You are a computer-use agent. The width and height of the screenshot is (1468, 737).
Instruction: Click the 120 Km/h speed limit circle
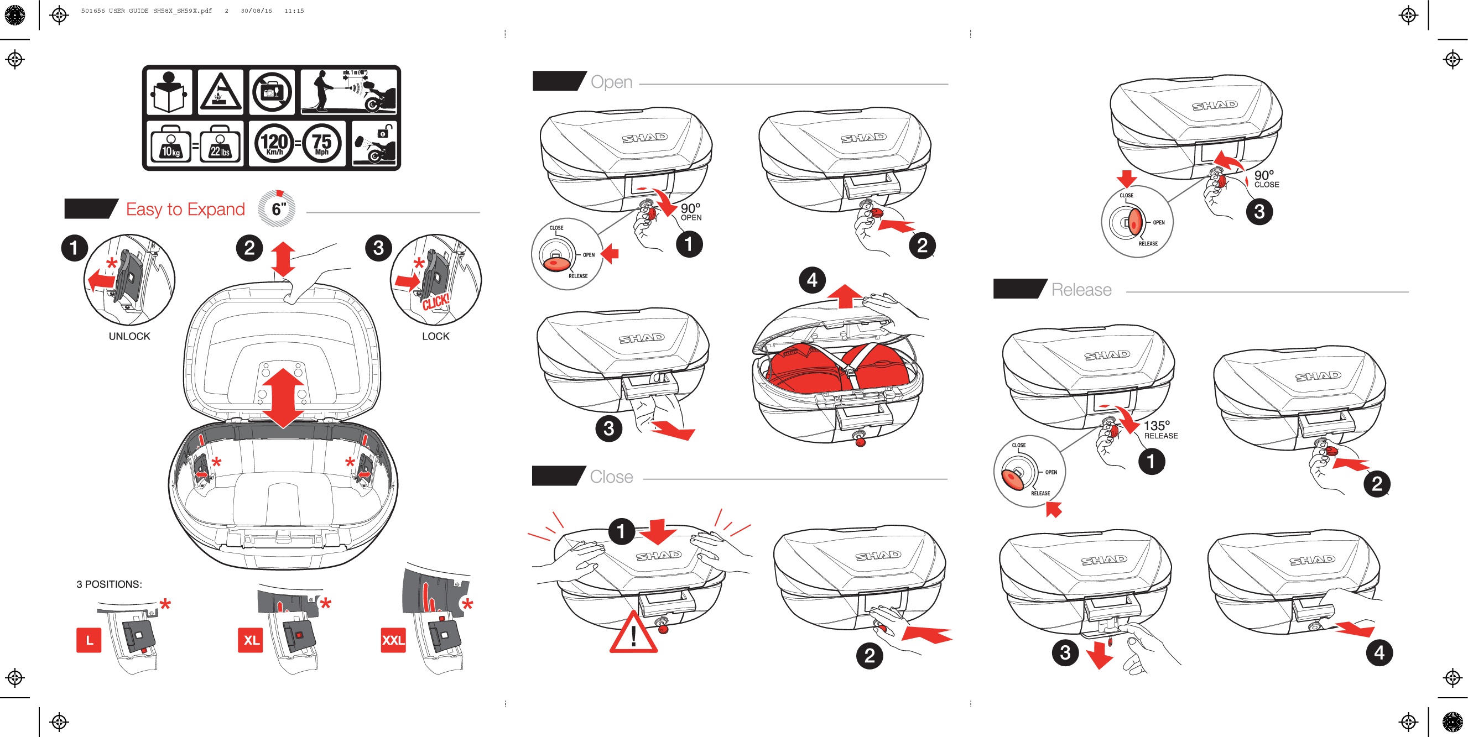(274, 143)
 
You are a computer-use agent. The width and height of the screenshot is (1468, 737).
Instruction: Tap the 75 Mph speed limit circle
(322, 143)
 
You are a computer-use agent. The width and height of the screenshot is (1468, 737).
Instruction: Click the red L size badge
(89, 640)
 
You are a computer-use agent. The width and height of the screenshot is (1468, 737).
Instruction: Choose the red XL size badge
(251, 640)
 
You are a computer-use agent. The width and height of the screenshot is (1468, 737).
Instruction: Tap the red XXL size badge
(393, 640)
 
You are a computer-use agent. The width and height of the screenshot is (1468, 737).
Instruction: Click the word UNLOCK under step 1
(129, 337)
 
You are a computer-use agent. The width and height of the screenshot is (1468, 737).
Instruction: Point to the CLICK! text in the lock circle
(436, 302)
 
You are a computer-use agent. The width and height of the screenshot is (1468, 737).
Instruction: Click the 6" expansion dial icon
(278, 209)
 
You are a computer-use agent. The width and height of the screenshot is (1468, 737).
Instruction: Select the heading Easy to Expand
(185, 210)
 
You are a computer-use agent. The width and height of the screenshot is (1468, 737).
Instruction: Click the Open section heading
(611, 82)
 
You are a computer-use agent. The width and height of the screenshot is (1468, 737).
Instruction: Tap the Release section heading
(1081, 290)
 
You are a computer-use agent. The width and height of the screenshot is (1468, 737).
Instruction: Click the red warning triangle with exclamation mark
(633, 634)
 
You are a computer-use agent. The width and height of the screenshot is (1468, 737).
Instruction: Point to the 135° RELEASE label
(1160, 430)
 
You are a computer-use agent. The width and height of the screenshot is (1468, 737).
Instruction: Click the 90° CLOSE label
(1266, 179)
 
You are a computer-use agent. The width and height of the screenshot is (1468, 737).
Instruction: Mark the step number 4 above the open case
(812, 280)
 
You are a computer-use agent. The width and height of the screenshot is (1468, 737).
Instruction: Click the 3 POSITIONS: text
(110, 584)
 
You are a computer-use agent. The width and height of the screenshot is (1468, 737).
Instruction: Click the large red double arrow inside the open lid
(283, 398)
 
